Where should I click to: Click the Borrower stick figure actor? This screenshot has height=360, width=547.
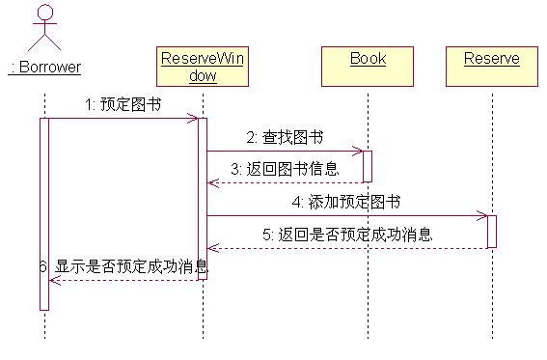(x=44, y=29)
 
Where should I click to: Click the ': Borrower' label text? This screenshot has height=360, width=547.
(x=44, y=68)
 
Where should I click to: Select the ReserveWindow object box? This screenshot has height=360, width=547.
(x=203, y=67)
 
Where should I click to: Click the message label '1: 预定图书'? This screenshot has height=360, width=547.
(x=122, y=104)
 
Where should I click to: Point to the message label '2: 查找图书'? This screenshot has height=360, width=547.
(x=284, y=137)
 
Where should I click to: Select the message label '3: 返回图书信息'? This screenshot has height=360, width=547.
(x=286, y=169)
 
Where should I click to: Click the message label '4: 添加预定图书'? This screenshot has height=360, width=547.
(x=347, y=202)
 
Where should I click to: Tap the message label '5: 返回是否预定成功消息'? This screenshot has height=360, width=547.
(x=347, y=234)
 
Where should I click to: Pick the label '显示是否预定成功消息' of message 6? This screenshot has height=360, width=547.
(x=131, y=265)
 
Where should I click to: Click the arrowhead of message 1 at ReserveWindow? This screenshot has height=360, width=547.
(x=194, y=119)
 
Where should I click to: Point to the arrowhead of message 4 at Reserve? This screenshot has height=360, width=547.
(x=483, y=216)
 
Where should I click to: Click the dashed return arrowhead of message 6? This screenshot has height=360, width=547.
(x=54, y=280)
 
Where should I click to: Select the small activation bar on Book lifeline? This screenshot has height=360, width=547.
(x=368, y=166)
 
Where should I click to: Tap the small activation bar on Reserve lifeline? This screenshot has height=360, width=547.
(x=492, y=232)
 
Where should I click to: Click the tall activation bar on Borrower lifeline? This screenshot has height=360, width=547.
(x=44, y=212)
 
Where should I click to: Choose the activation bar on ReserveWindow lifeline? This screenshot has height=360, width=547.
(x=203, y=198)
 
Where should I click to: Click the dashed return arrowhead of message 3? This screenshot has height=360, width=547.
(x=212, y=182)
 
